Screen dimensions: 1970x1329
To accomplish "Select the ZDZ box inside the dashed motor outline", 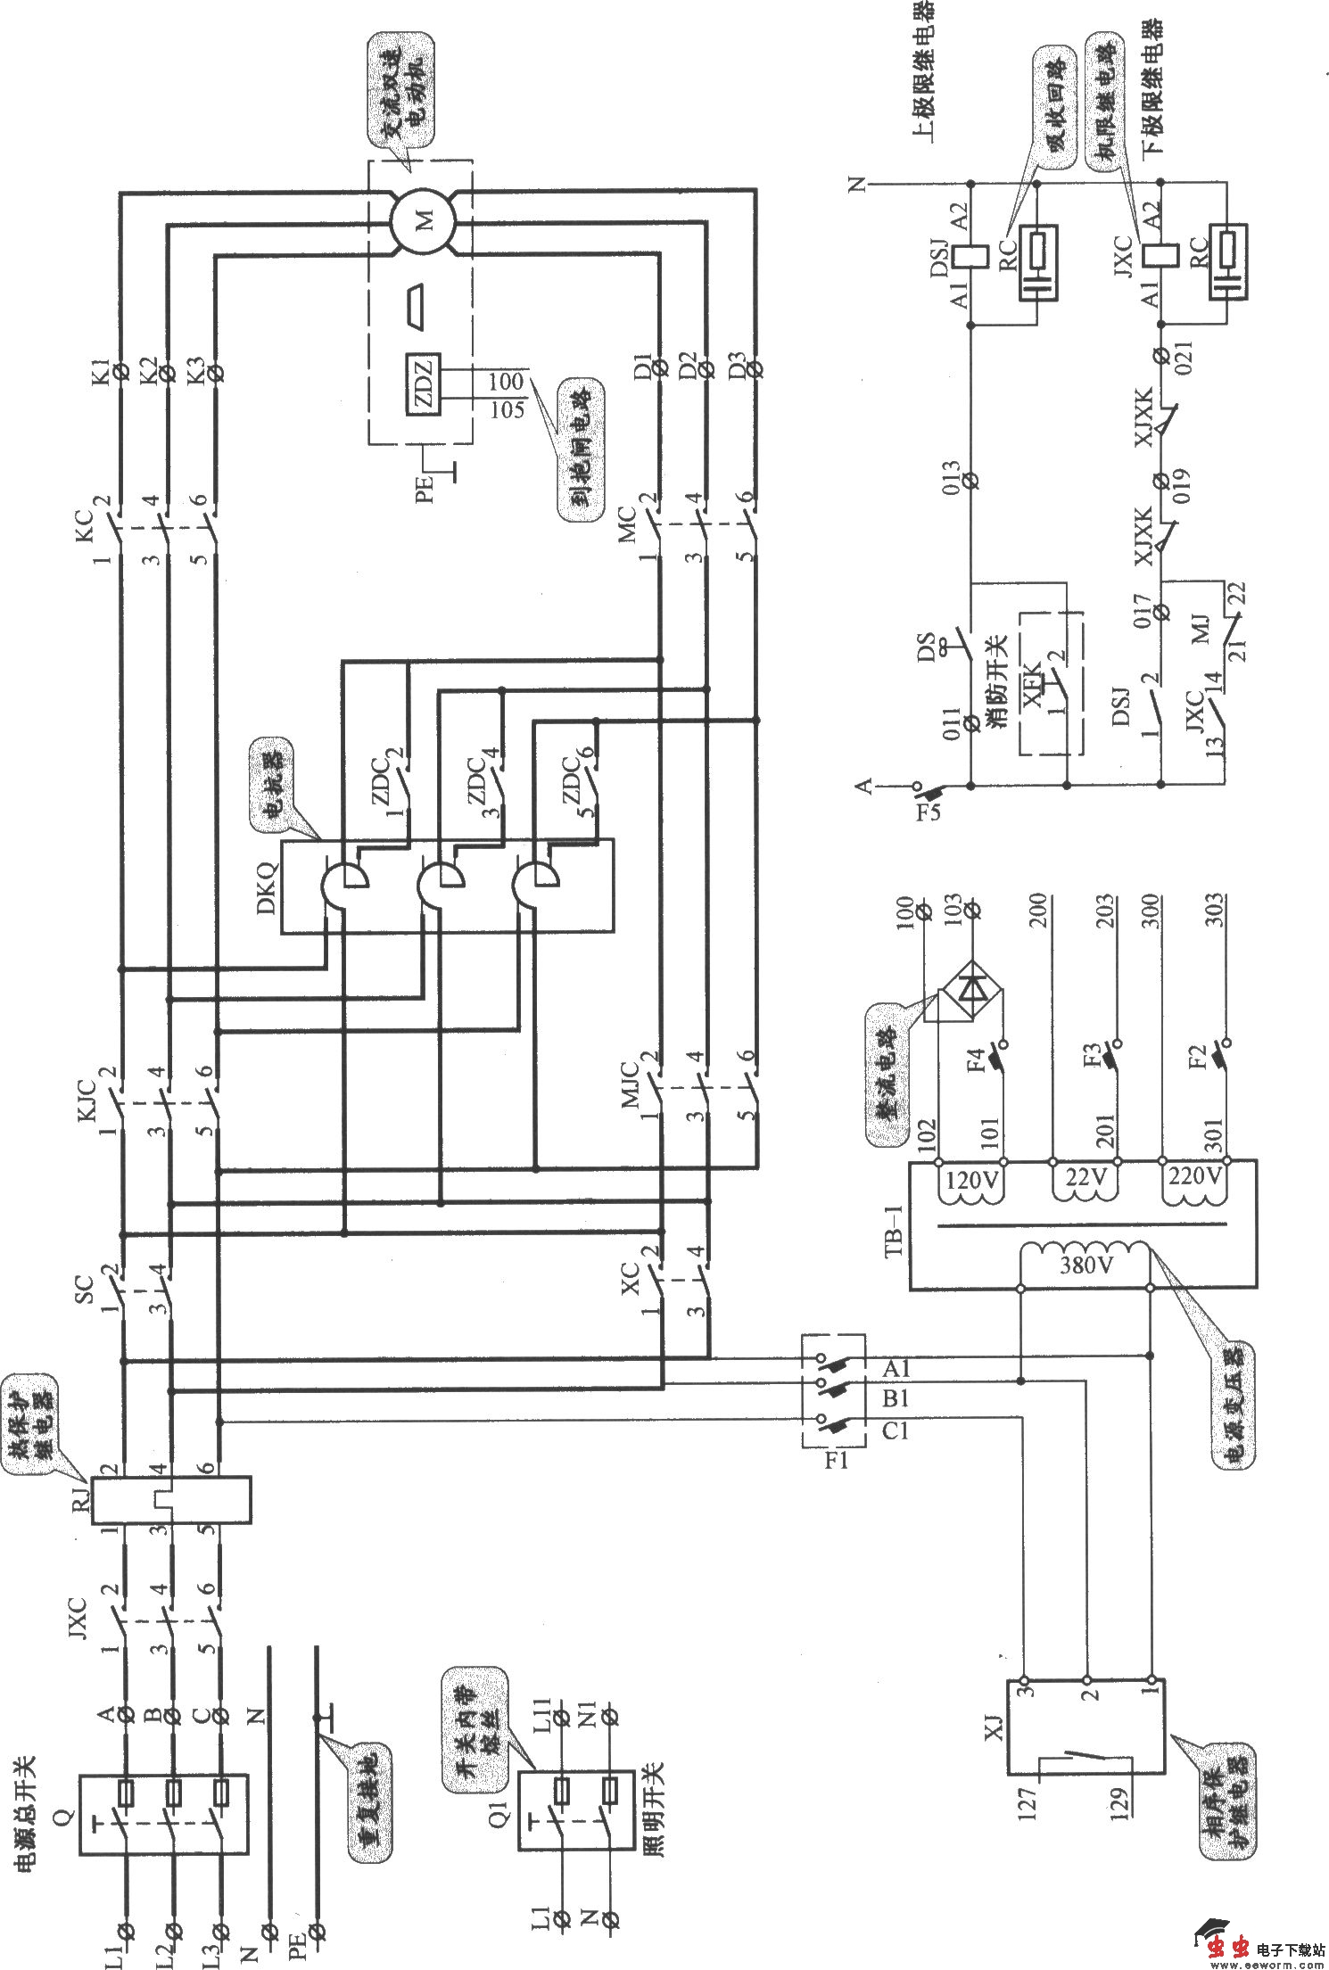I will (x=423, y=385).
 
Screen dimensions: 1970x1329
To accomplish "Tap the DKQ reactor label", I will (x=267, y=890).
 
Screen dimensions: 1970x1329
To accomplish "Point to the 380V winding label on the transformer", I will (x=1085, y=1265).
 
